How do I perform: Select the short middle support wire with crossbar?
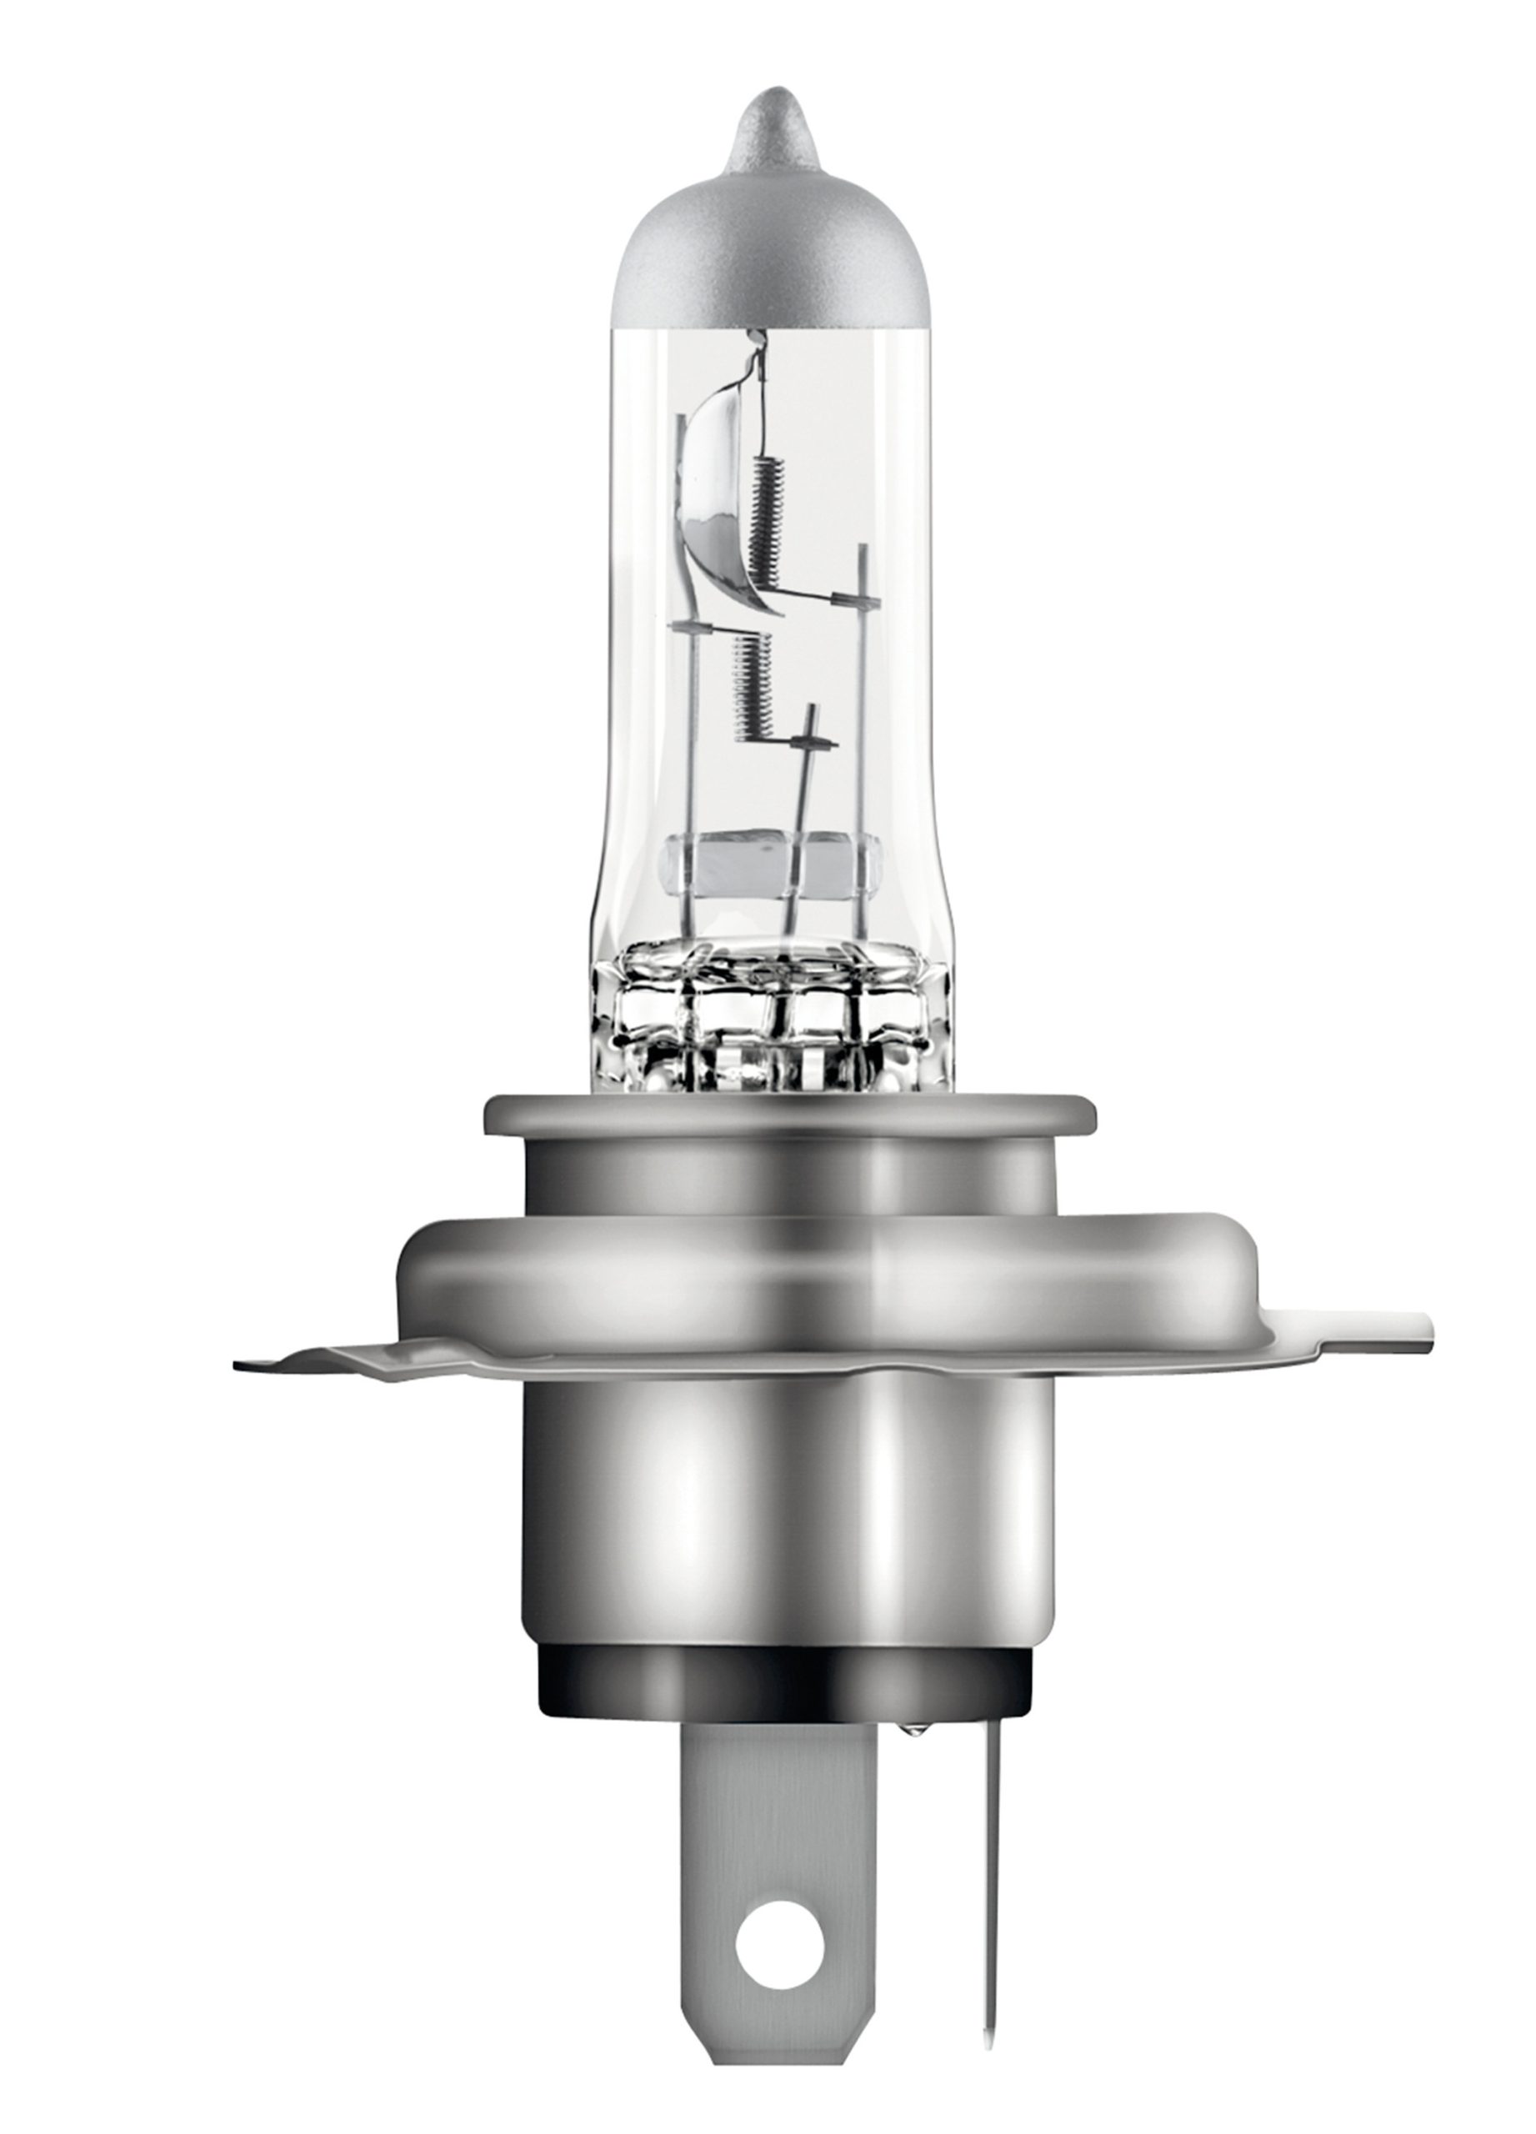coord(802,799)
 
